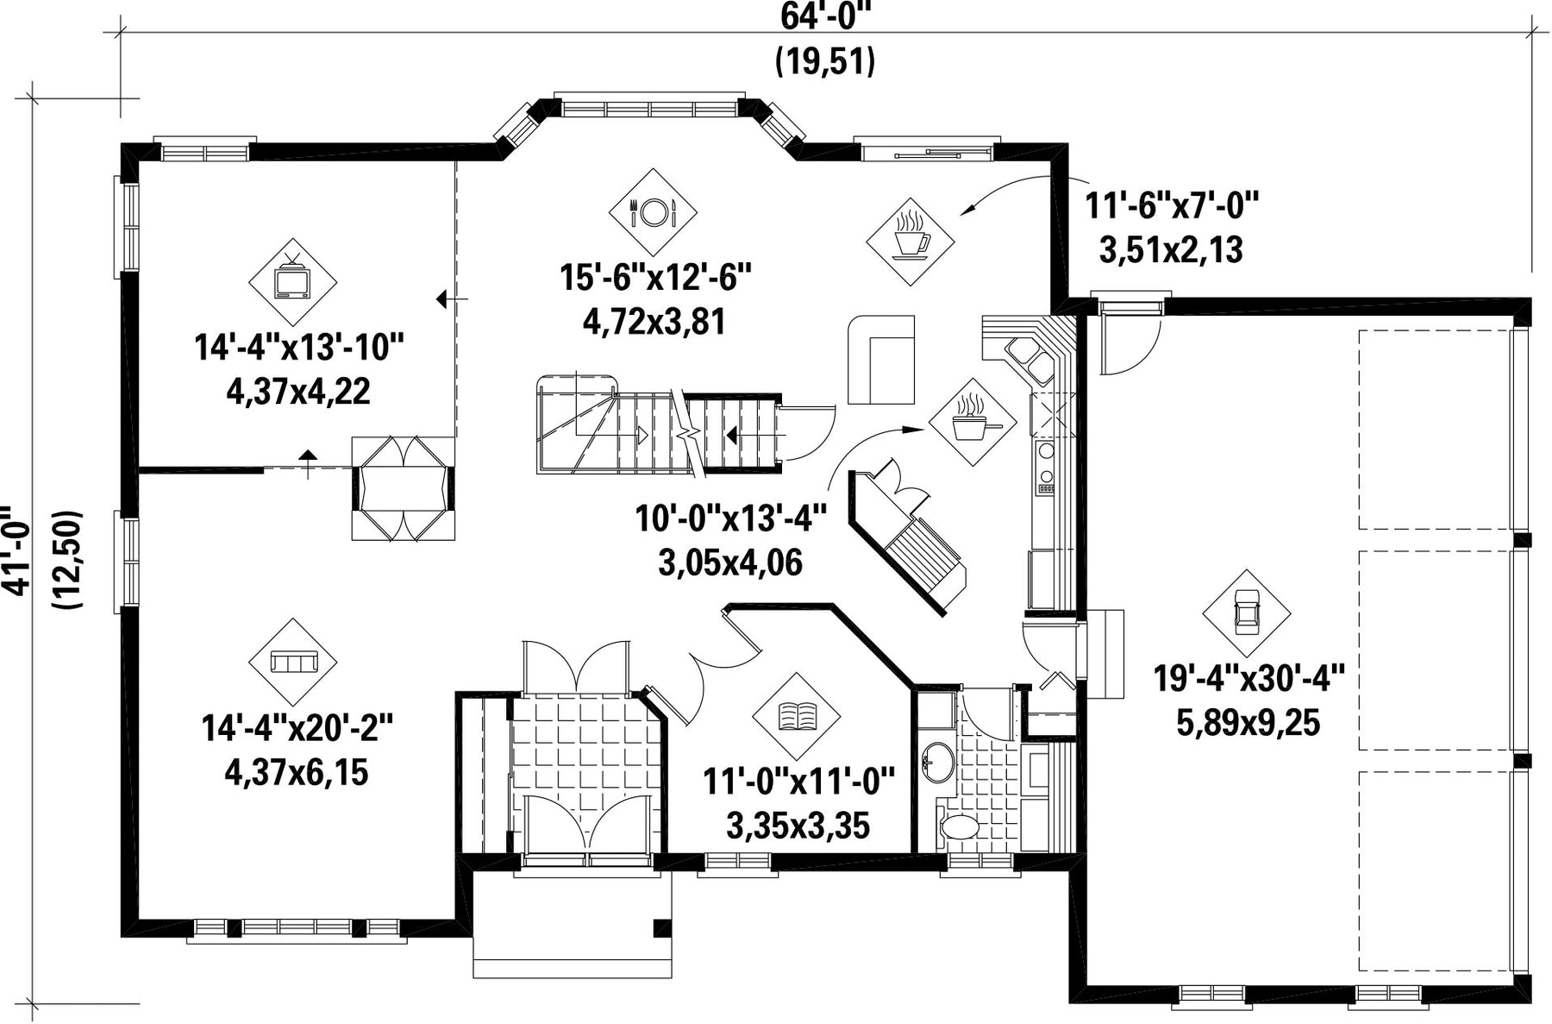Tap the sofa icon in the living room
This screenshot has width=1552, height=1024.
coord(293,662)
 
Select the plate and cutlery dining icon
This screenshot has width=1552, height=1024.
coord(653,211)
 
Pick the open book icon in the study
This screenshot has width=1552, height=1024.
coord(796,716)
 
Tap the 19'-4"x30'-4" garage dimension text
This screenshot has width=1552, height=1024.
coord(1249,679)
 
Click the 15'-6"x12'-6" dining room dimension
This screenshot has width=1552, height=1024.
coord(655,279)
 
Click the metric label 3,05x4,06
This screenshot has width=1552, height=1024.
coord(730,563)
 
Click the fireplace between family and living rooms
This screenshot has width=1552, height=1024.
coord(403,488)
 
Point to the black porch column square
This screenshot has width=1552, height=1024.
coord(662,928)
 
